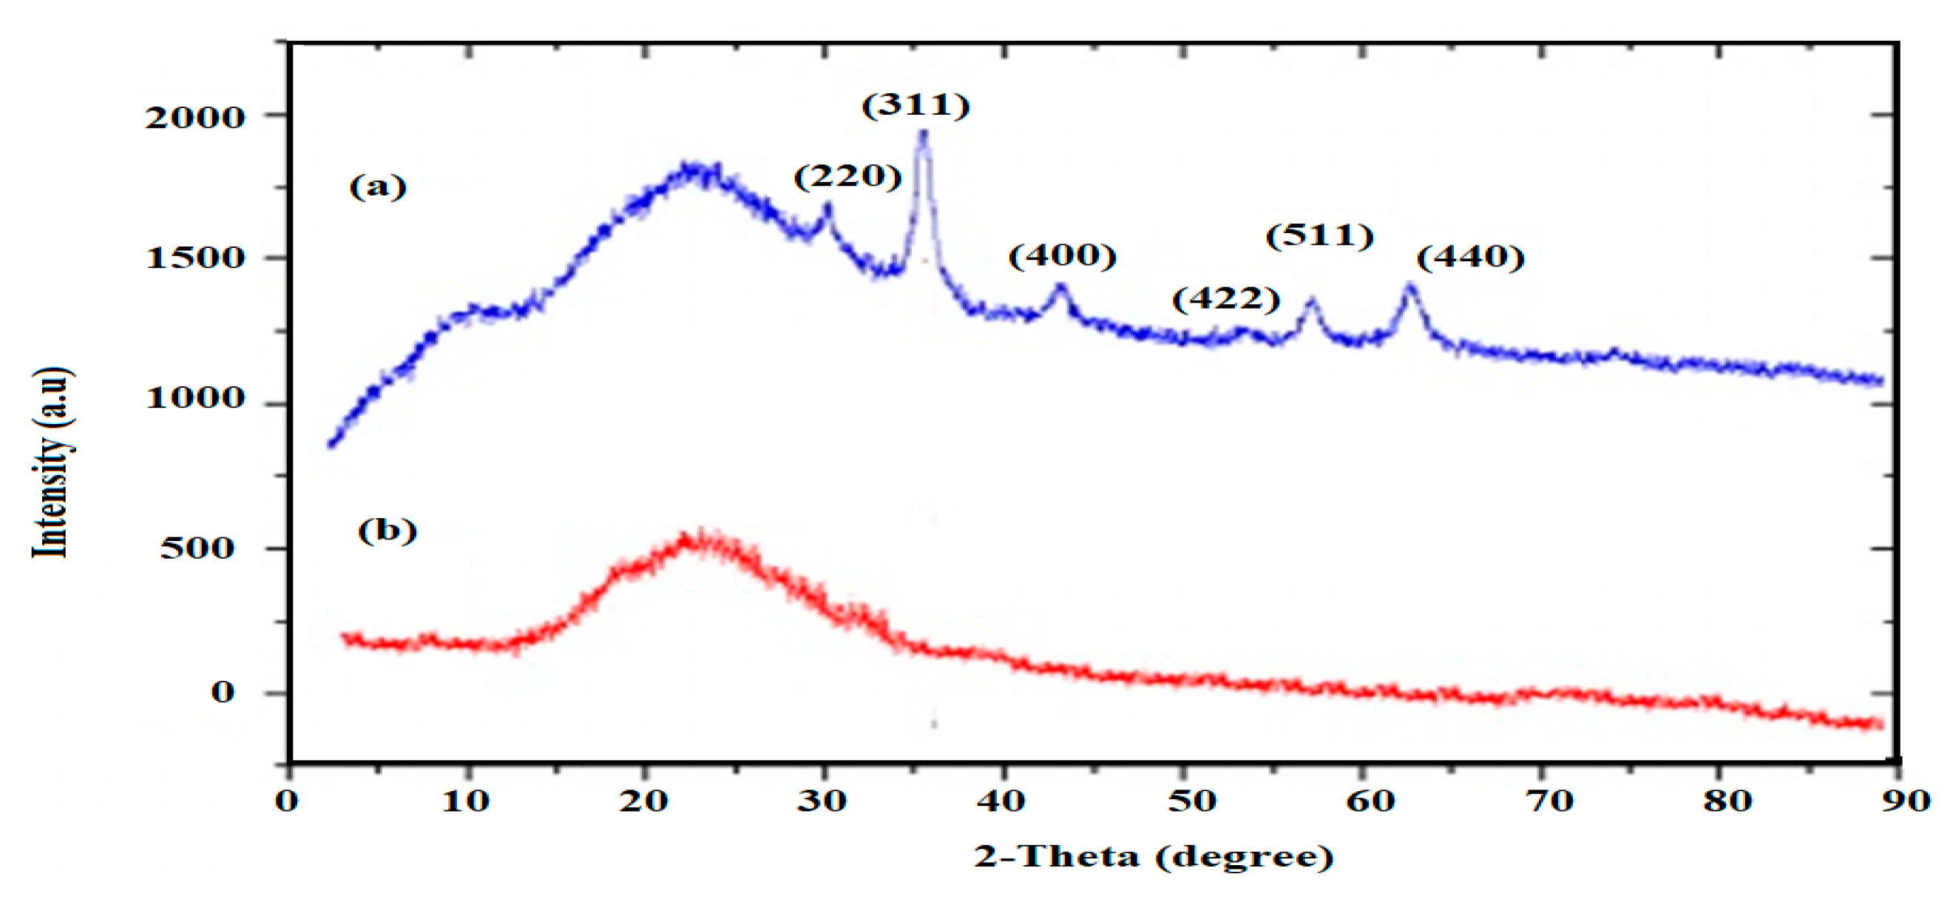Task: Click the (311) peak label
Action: click(916, 105)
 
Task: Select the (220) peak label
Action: click(848, 176)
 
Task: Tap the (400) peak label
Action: click(1062, 256)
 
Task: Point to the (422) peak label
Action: click(1226, 299)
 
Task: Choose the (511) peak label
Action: click(1319, 236)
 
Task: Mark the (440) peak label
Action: click(1470, 258)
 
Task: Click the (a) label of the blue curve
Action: click(378, 186)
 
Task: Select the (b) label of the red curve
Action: click(387, 531)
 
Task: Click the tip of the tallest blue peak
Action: click(923, 134)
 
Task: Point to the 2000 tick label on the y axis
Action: click(195, 118)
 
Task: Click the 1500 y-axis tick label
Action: click(195, 258)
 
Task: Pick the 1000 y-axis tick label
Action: click(195, 397)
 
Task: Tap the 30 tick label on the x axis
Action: click(822, 801)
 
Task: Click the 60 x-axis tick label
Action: click(1370, 801)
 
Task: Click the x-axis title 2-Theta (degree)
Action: click(1153, 856)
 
